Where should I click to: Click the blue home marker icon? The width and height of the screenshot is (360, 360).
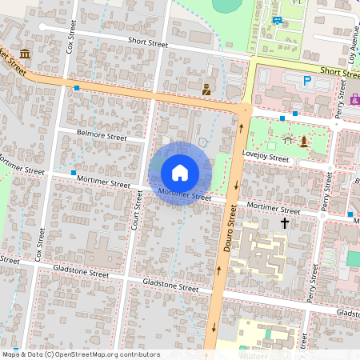180,172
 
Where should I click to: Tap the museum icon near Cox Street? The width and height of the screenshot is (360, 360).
26,54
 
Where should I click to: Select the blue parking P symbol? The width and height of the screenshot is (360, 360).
306,80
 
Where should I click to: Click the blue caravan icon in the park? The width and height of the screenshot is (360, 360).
277,20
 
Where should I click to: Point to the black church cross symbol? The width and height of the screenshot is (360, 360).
284,223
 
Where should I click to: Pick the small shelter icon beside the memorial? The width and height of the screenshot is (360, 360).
287,141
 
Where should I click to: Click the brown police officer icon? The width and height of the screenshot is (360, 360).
206,90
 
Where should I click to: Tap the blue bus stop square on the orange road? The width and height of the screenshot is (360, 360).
77,87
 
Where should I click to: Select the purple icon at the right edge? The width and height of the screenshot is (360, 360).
354,99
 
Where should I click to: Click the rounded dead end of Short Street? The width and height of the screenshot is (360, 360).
42,27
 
